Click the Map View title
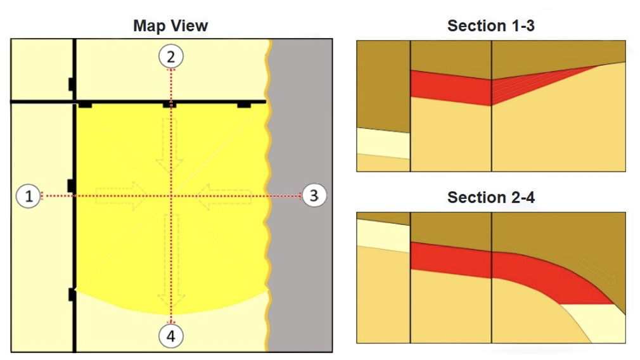tap(170, 26)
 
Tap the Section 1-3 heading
tap(490, 26)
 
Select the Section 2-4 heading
tap(490, 198)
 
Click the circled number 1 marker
tap(28, 196)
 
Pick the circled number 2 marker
tap(171, 56)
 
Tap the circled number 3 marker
tap(314, 195)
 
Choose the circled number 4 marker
tap(171, 336)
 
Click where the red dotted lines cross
tap(171, 196)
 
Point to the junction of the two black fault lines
tap(75, 101)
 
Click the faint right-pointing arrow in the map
tap(120, 196)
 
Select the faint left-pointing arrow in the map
tap(224, 196)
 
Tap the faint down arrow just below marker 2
tap(169, 145)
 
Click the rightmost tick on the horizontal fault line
tap(244, 105)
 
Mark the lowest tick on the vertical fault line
tap(72, 294)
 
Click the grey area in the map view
tap(301, 195)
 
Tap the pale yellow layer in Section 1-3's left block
tap(383, 143)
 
